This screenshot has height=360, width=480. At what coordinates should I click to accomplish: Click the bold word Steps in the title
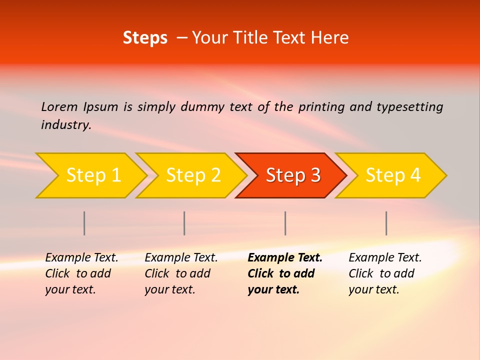click(145, 38)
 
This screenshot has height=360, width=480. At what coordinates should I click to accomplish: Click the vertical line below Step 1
click(84, 223)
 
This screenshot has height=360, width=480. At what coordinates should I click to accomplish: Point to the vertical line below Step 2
click(184, 223)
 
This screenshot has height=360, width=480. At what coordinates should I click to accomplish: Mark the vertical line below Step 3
click(285, 223)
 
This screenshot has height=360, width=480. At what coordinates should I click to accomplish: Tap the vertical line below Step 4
click(386, 223)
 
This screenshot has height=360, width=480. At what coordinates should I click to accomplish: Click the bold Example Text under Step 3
click(285, 258)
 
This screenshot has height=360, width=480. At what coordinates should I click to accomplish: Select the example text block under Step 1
click(81, 273)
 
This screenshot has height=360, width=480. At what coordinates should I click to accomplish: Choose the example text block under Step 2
click(181, 273)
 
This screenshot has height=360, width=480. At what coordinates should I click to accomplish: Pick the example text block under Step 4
click(385, 273)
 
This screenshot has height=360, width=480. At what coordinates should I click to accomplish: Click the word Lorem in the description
click(59, 107)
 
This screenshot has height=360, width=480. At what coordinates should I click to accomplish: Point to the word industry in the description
click(66, 125)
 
